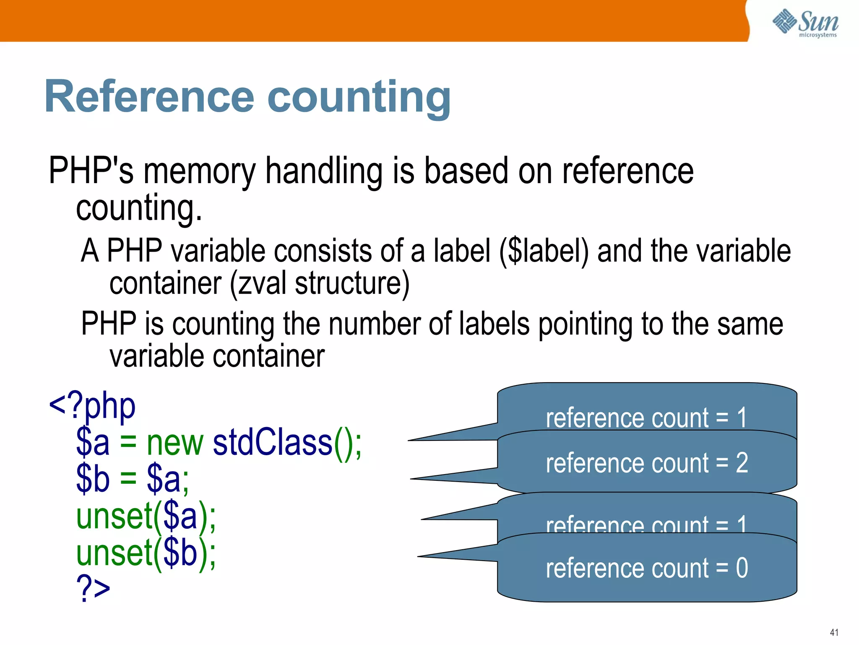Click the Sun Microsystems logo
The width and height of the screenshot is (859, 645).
805,23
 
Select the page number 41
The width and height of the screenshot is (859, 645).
834,632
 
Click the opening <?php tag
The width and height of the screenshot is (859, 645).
92,406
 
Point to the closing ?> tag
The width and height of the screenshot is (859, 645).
93,588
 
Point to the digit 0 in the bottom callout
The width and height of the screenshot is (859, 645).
742,568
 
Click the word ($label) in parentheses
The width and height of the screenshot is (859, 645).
544,251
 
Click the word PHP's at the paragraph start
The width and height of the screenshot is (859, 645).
91,171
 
